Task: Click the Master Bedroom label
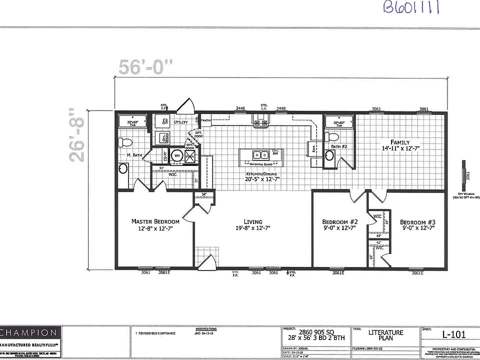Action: coord(155,221)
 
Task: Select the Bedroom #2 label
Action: coord(339,222)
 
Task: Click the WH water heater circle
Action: coord(176,156)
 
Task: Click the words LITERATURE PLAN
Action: coord(386,335)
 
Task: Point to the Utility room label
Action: coord(180,122)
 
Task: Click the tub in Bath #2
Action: coord(339,122)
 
